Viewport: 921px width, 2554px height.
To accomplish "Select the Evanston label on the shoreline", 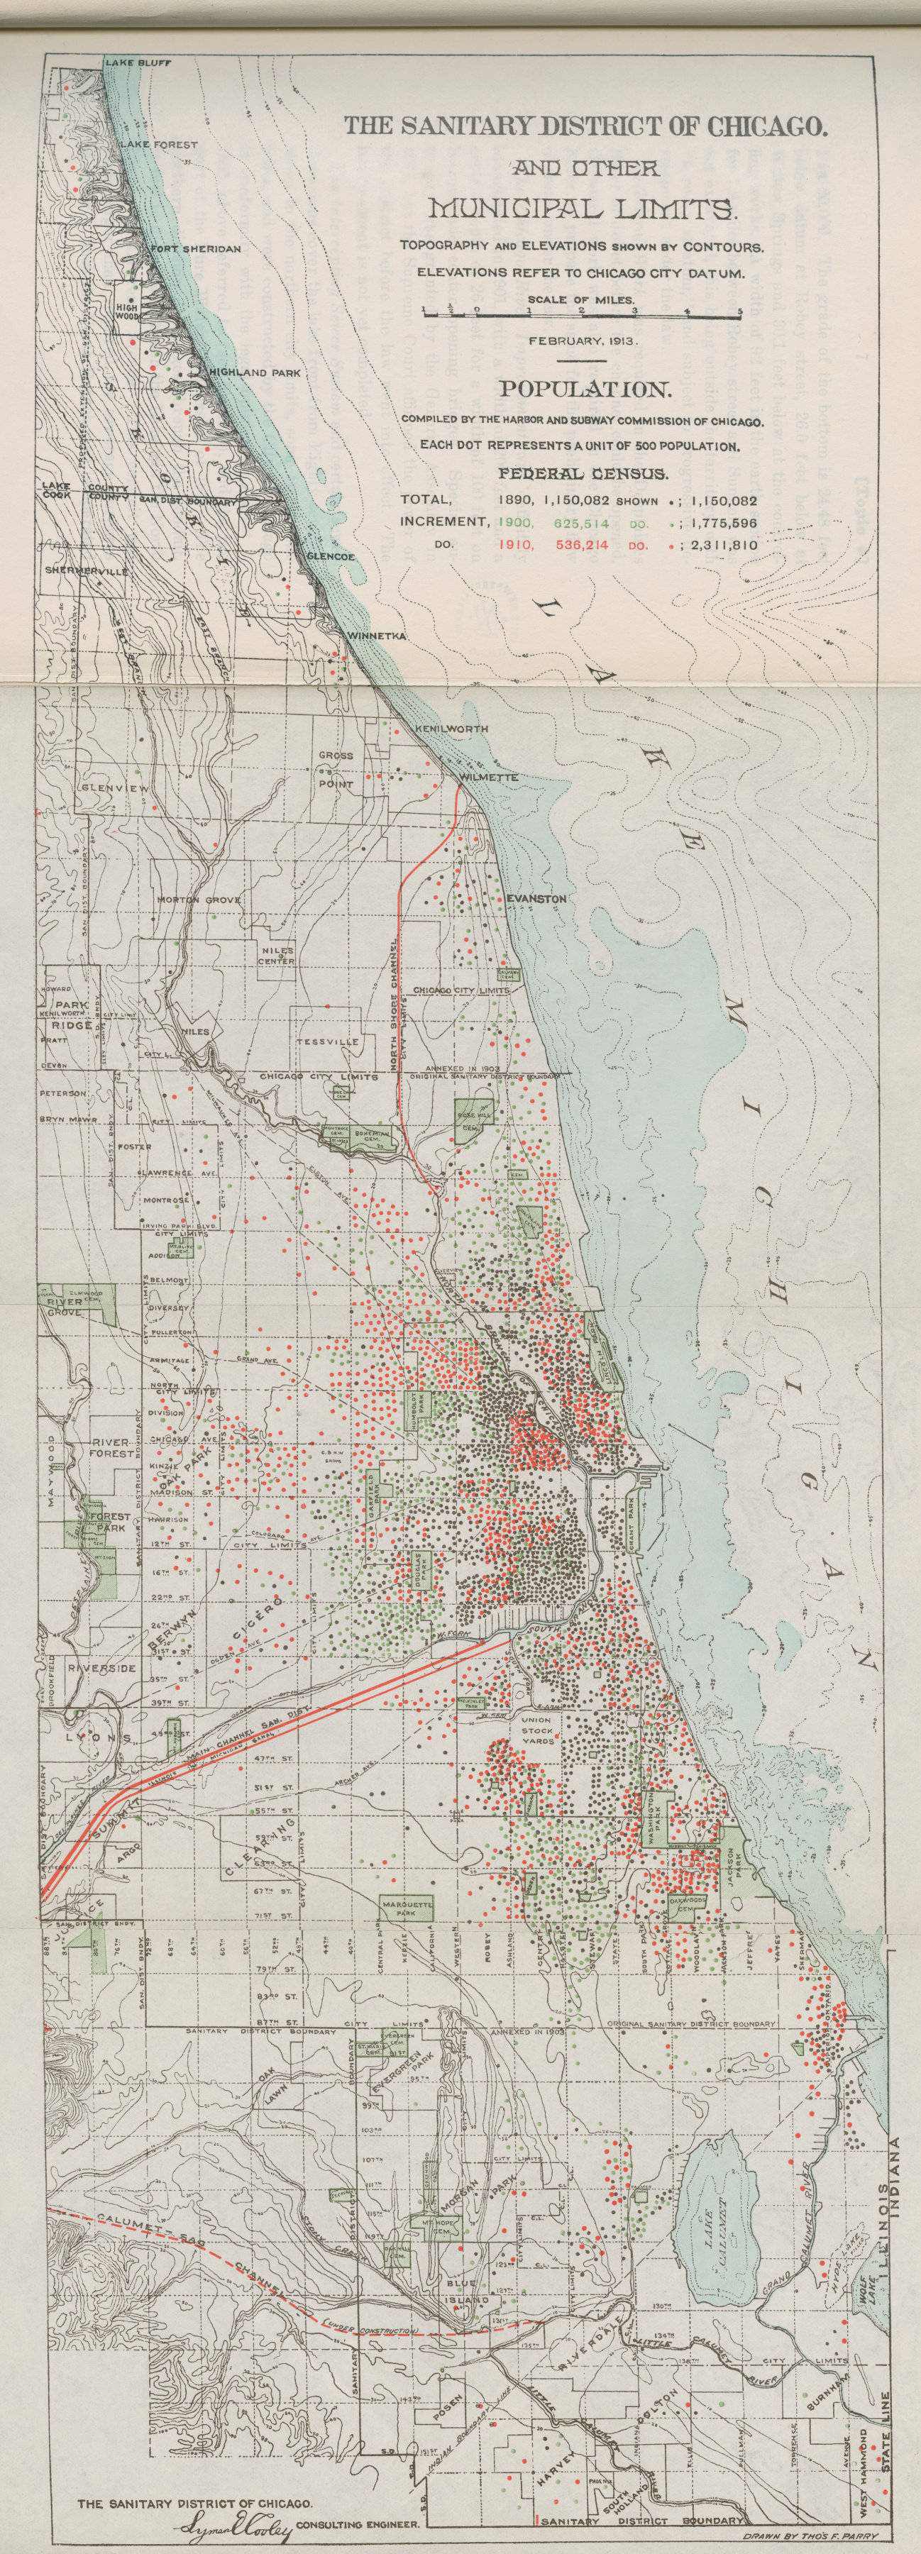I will click(x=535, y=898).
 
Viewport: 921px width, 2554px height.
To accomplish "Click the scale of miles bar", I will click(x=582, y=312).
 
